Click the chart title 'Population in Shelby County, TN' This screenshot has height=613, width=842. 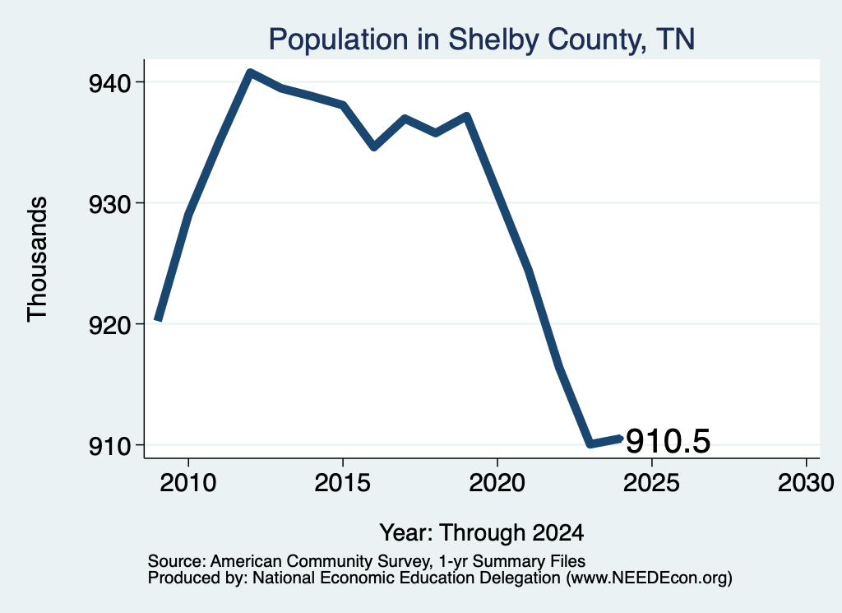[x=482, y=39]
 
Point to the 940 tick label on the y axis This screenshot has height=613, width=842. [x=109, y=83]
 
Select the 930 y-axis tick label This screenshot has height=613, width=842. [x=109, y=204]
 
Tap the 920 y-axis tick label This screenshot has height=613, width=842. [x=109, y=325]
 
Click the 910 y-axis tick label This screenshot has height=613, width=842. [x=109, y=446]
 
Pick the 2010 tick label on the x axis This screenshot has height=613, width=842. [x=188, y=482]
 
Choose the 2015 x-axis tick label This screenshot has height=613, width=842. [x=343, y=482]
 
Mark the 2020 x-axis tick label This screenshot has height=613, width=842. [x=497, y=482]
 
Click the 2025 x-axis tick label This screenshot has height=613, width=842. [x=651, y=482]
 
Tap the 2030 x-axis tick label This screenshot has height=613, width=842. [x=806, y=482]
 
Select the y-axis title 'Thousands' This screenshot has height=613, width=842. [x=38, y=259]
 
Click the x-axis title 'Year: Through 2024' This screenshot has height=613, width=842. [x=482, y=532]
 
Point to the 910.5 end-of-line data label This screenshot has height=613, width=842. [x=668, y=441]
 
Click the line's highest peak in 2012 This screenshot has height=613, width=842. [x=250, y=72]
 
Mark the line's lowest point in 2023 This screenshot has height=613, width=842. [x=590, y=443]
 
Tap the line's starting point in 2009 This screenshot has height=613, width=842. [x=158, y=318]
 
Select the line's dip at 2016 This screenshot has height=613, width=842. [x=374, y=146]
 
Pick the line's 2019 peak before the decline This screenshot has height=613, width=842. [x=467, y=117]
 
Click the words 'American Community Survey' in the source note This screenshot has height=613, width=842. [x=320, y=561]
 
